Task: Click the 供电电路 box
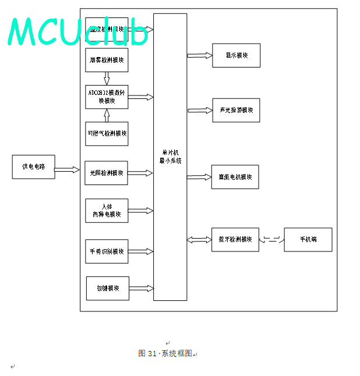(33, 166)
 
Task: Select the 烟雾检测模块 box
(107, 60)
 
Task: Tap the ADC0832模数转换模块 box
(107, 97)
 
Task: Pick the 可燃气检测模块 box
(107, 133)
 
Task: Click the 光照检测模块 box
(107, 173)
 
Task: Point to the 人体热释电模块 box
(107, 210)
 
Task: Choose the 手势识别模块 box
(107, 251)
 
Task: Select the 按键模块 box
(108, 288)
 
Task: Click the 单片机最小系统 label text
(170, 157)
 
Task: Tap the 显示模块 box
(236, 55)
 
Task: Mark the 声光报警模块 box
(236, 110)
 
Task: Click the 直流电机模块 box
(235, 177)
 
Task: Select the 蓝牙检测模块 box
(235, 239)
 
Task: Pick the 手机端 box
(308, 239)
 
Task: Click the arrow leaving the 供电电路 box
(67, 170)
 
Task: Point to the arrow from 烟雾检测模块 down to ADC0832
(107, 79)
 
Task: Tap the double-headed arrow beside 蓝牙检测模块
(199, 239)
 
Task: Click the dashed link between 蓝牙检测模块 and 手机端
(271, 239)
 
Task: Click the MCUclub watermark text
(79, 32)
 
